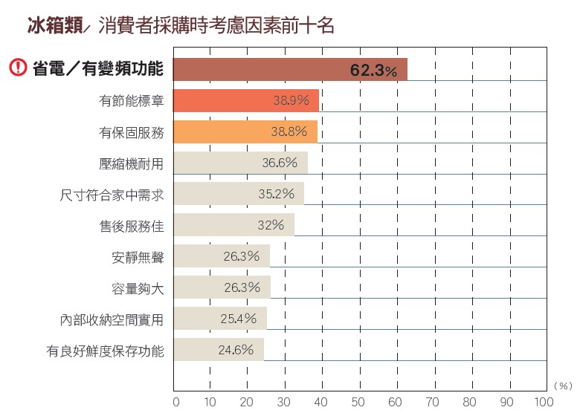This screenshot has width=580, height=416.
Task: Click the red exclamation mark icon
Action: tap(18, 68)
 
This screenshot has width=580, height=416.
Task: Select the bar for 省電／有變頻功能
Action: tap(290, 69)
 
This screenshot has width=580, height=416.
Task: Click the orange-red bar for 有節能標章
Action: tap(246, 100)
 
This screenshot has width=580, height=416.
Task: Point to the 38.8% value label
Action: tap(289, 131)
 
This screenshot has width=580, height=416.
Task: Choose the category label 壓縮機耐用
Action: tap(131, 163)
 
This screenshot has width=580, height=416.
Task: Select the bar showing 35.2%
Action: tap(238, 193)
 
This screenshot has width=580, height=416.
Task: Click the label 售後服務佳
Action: tap(131, 225)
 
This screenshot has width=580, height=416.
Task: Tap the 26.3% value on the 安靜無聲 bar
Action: tap(241, 256)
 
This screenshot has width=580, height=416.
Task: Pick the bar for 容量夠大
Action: tap(222, 287)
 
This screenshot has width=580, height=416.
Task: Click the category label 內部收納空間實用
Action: tap(112, 319)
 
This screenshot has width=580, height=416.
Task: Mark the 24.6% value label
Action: tap(236, 349)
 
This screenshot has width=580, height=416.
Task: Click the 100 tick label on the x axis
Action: tap(544, 402)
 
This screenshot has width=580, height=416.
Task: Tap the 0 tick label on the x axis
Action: tap(175, 402)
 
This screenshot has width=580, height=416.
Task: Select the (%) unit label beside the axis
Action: tap(563, 386)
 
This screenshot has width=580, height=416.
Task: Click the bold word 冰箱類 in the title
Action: tap(50, 27)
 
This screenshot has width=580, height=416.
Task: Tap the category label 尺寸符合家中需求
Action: tap(112, 195)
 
